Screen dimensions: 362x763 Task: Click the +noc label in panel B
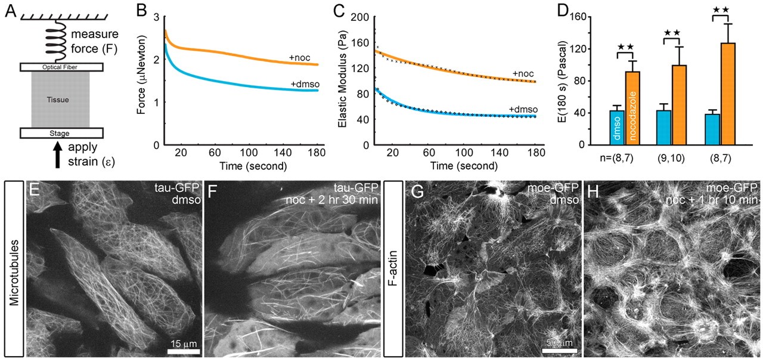(302, 57)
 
